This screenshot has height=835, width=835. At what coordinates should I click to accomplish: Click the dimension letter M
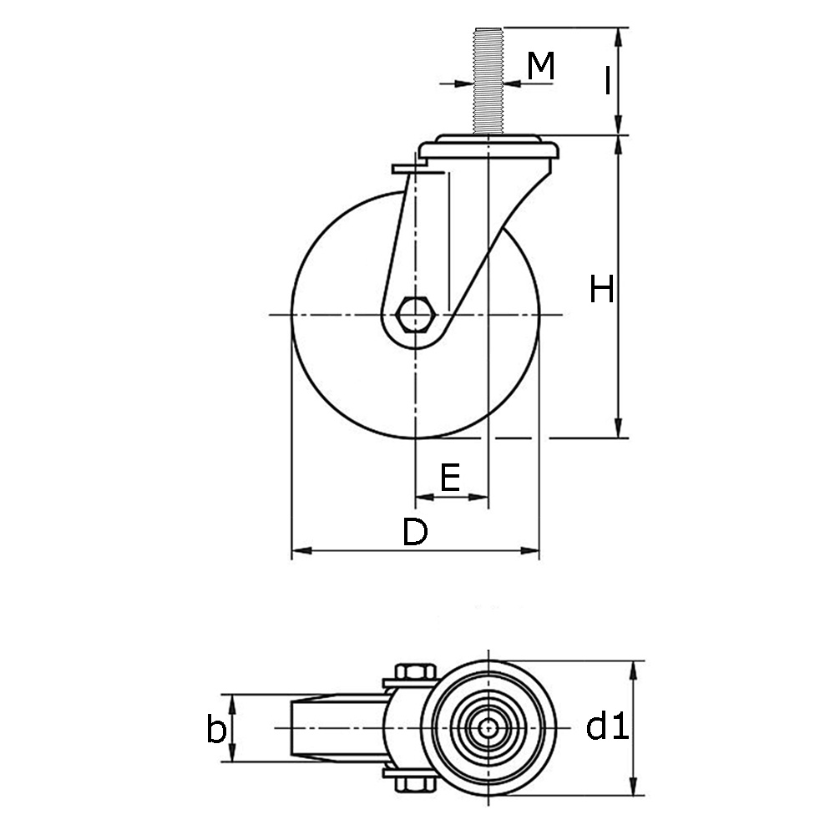542,66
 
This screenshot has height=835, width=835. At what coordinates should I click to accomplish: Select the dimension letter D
414,532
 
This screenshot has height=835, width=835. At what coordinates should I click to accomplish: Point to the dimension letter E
450,478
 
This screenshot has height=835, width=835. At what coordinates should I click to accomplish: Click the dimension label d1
606,727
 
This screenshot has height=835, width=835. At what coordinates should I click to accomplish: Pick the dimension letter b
216,729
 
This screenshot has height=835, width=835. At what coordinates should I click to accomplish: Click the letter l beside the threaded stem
608,81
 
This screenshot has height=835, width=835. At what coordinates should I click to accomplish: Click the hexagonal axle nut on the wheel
415,315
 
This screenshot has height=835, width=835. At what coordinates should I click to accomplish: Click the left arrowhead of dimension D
298,551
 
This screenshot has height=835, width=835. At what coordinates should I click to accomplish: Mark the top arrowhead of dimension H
619,143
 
